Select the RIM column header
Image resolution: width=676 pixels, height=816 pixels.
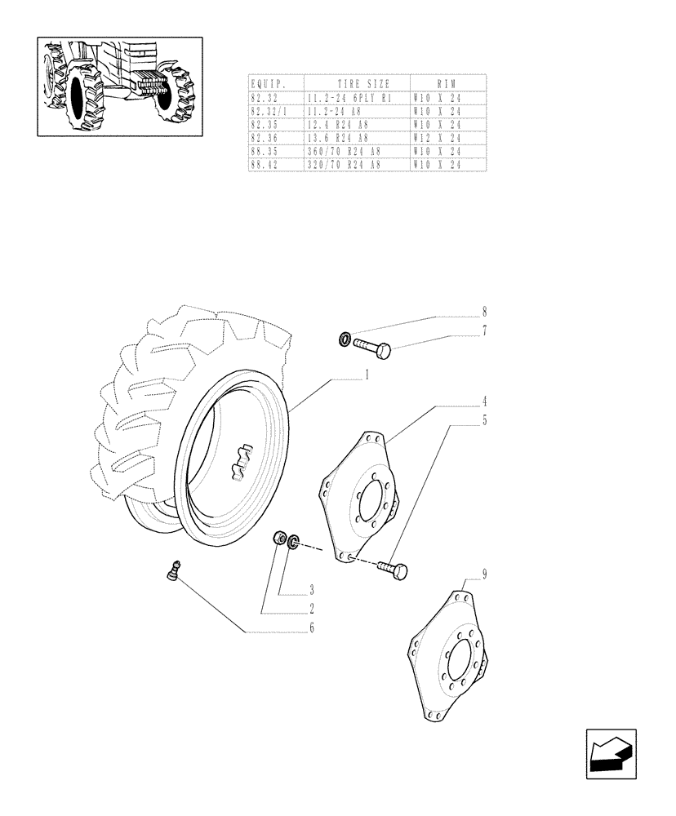click(447, 83)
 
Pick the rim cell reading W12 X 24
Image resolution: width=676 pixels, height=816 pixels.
click(438, 138)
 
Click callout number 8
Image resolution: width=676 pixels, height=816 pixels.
click(484, 312)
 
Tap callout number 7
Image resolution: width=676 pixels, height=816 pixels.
click(484, 330)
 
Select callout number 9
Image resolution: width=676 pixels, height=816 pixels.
click(484, 574)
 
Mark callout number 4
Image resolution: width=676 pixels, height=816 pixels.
click(484, 401)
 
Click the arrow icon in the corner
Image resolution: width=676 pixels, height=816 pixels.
click(610, 754)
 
